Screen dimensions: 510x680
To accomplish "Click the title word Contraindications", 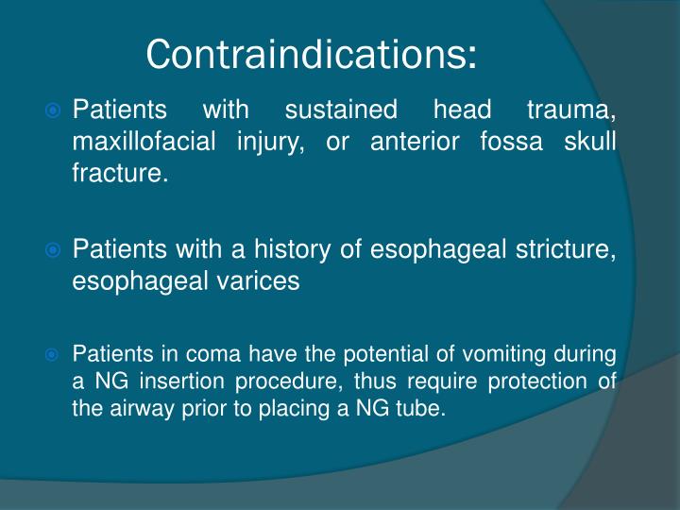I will click(x=312, y=54).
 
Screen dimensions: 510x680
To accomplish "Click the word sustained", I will click(x=341, y=110).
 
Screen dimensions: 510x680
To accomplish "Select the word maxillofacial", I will click(x=140, y=143).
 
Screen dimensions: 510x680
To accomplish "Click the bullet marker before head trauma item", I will click(x=55, y=111).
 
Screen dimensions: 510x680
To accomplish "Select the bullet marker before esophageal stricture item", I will click(x=55, y=251).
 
